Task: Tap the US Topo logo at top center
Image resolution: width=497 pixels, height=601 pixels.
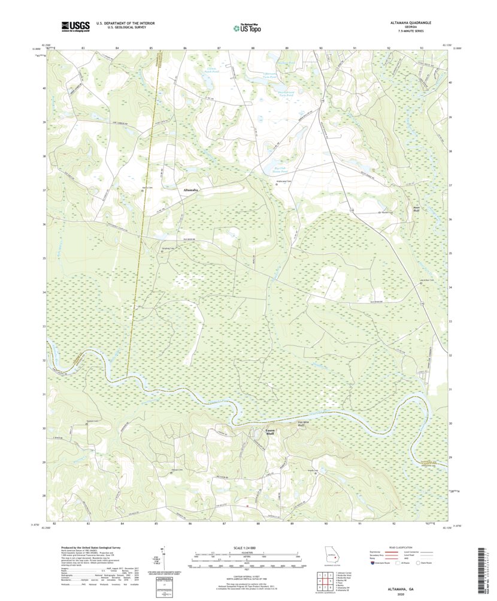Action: tap(247, 26)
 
